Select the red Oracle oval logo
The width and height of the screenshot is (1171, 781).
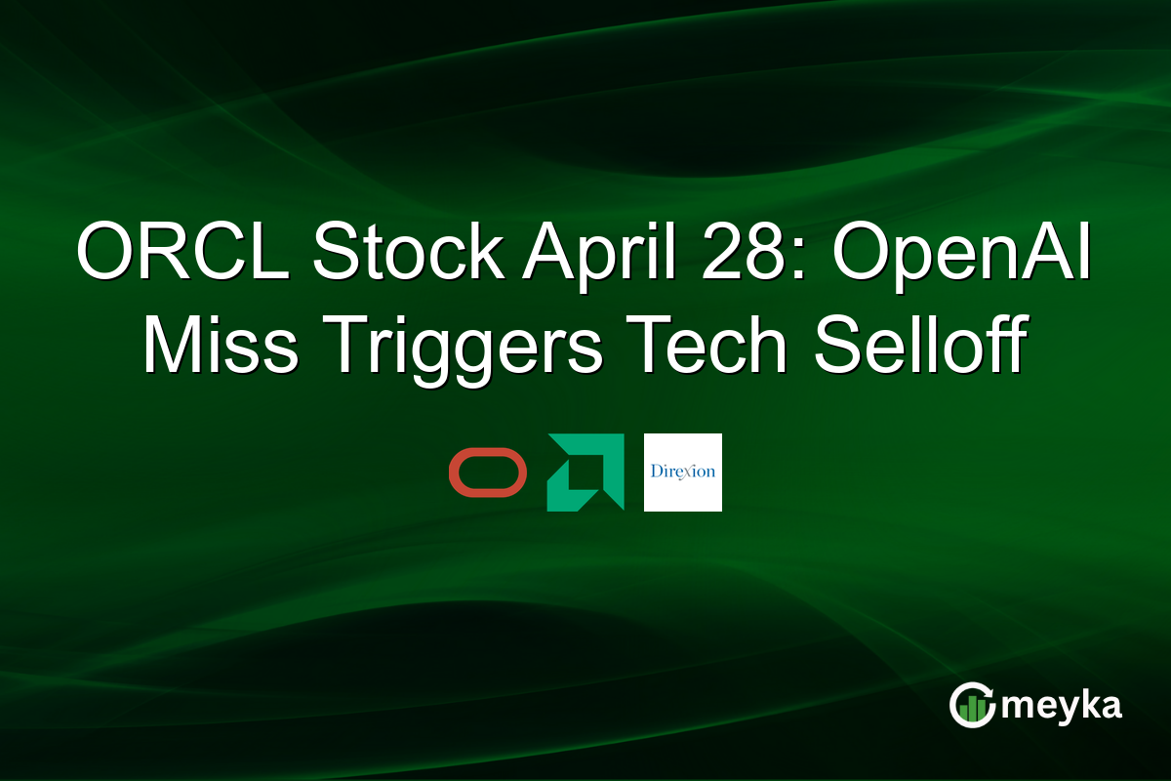pos(488,473)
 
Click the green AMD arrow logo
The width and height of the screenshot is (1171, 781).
pos(585,473)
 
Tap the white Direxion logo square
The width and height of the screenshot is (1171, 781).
pos(683,473)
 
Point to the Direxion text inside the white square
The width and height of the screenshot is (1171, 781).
pos(683,472)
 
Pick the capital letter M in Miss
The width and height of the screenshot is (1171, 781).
pos(175,348)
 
